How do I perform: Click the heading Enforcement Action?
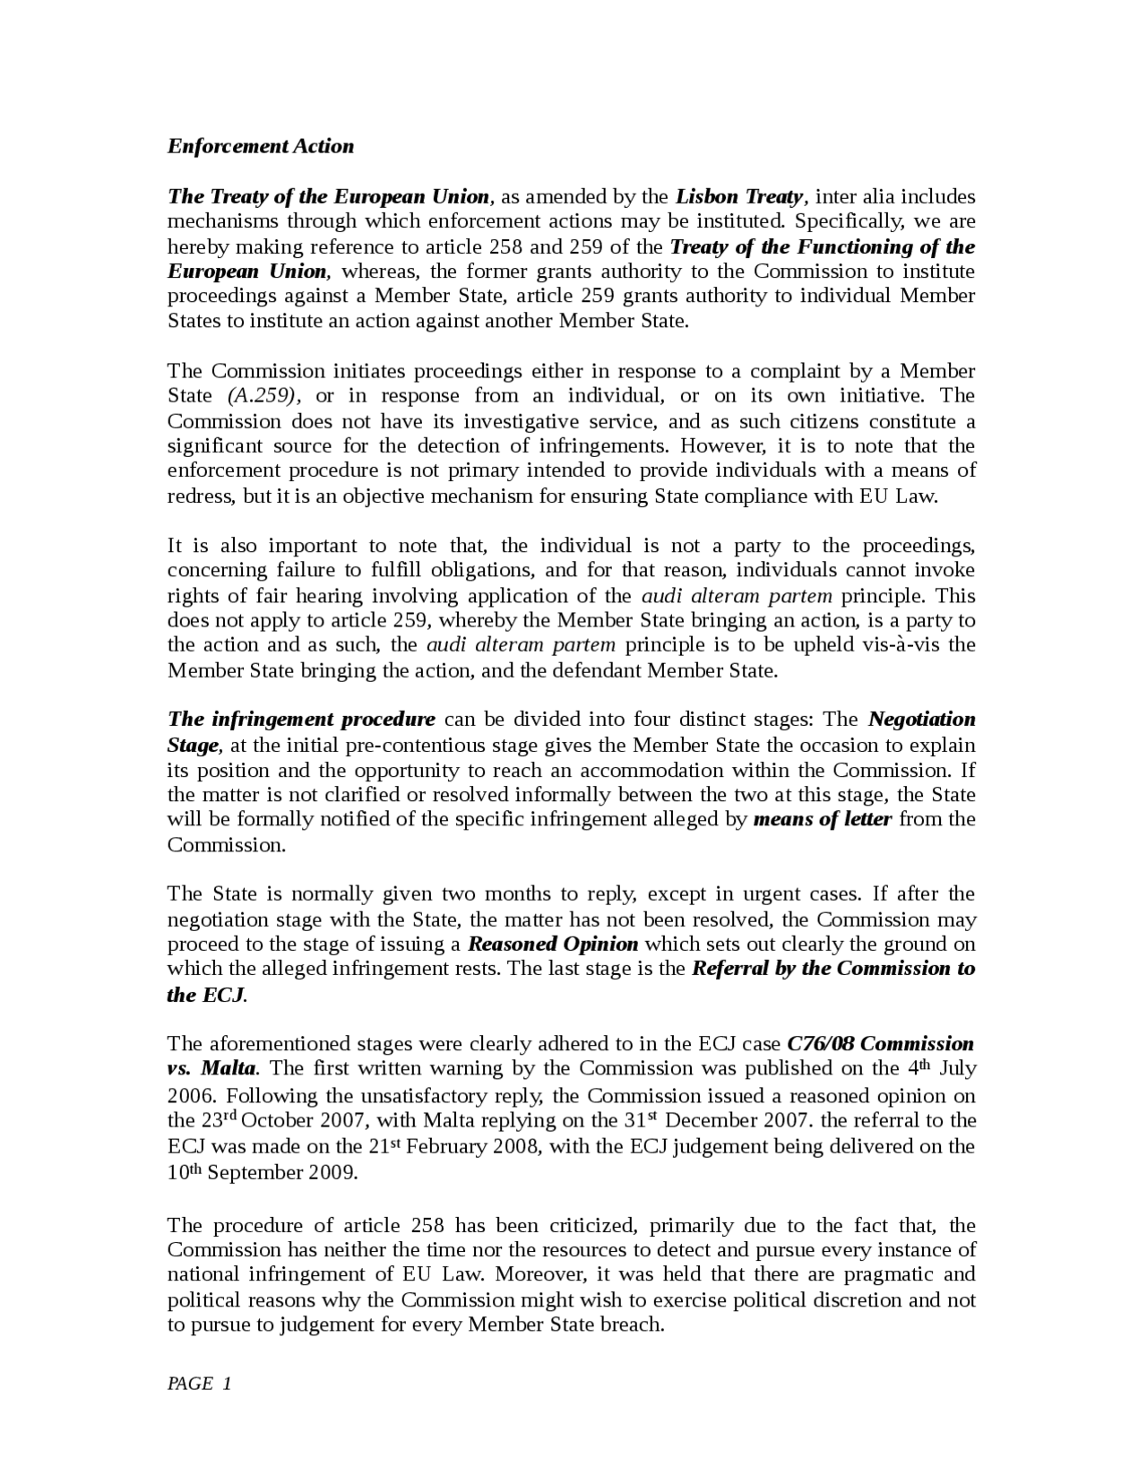[260, 146]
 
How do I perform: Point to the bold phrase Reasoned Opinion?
[553, 944]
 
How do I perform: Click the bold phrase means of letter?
[823, 818]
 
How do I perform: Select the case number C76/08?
[819, 1043]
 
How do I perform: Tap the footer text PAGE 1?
[199, 1383]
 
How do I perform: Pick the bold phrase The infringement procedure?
[301, 719]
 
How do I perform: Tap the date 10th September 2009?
[262, 1172]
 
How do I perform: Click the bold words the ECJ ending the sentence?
[205, 995]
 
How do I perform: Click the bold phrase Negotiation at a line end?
[921, 719]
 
